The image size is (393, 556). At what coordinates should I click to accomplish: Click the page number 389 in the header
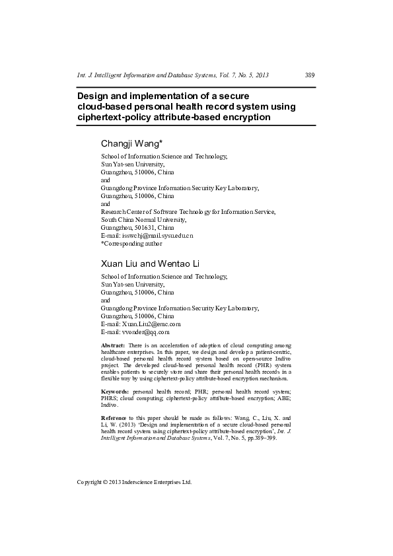tap(310, 75)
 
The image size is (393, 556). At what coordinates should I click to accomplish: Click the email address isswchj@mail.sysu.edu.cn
tap(157, 235)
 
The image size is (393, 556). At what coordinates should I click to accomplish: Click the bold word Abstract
tap(112, 346)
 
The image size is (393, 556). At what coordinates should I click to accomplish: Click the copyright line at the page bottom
tap(134, 483)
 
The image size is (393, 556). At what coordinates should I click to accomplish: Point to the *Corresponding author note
tap(131, 243)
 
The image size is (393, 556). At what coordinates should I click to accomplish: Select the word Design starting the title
tap(94, 96)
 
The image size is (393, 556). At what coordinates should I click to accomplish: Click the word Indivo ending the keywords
tap(109, 405)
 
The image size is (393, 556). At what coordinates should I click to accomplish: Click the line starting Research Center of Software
tap(188, 212)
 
